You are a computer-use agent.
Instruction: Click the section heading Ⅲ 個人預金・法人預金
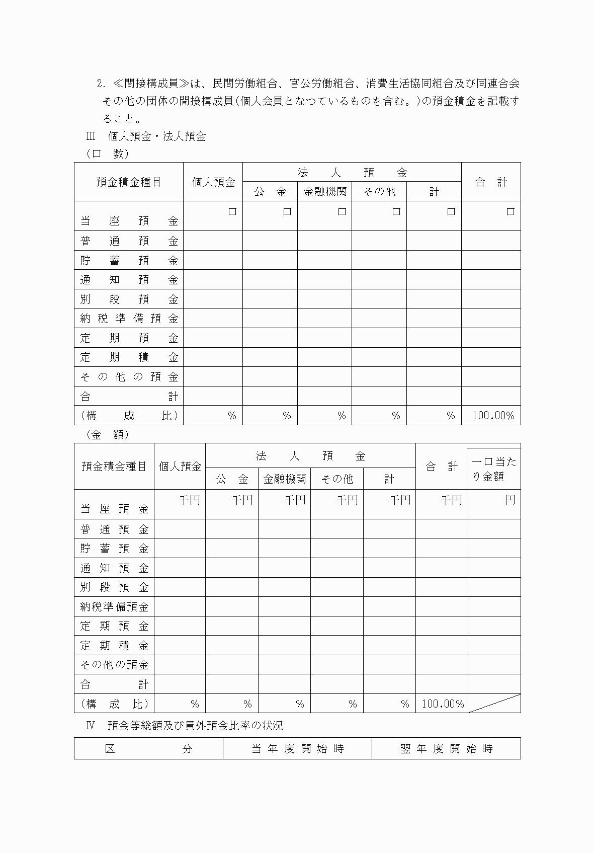[146, 136]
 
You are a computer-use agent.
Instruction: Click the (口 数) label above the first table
[107, 154]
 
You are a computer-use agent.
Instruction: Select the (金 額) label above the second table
[107, 434]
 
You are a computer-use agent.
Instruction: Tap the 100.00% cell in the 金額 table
[442, 704]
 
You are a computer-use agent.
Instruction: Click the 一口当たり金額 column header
[493, 469]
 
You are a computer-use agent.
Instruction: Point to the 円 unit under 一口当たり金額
[510, 500]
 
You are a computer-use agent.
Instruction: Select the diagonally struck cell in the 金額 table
[493, 704]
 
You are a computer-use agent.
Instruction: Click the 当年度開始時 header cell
[297, 748]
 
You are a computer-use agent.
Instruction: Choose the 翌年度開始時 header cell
[446, 748]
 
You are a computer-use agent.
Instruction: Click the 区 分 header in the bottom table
[148, 748]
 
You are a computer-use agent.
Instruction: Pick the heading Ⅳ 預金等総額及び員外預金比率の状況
[185, 725]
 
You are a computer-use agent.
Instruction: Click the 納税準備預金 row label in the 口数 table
[129, 319]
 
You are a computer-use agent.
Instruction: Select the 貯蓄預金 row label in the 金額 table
[115, 549]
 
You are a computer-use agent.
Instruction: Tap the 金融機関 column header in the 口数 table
[325, 192]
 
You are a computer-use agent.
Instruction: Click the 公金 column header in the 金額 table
[232, 479]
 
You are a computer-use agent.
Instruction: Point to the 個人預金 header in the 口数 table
[213, 182]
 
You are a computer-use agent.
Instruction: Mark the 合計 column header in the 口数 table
[491, 182]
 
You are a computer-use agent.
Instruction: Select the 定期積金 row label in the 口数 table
[129, 357]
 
